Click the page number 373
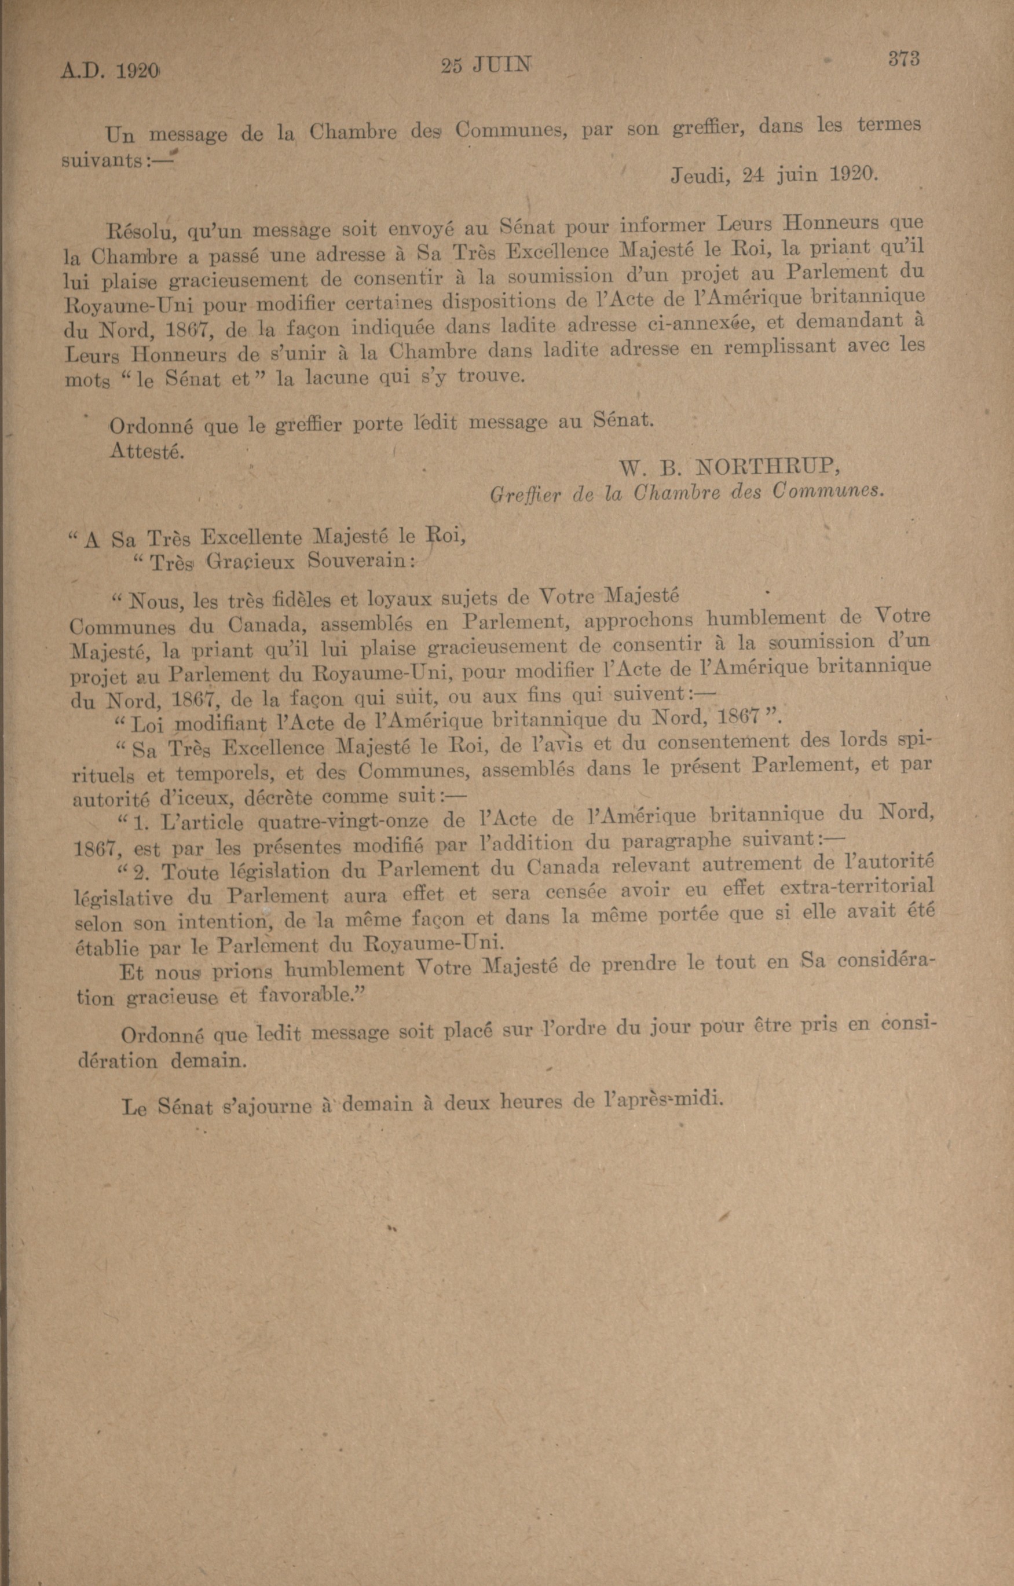903,59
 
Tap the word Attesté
147,451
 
